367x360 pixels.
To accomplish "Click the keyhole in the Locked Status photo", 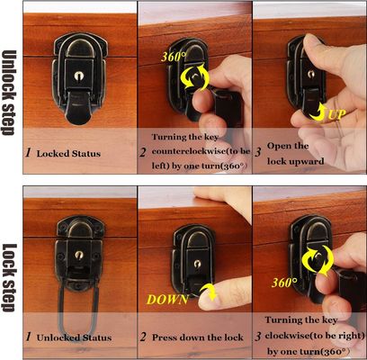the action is (79, 76).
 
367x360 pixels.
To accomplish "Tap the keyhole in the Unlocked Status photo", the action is (79, 256).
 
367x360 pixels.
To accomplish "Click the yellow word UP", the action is (336, 114).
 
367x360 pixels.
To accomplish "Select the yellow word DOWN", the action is (167, 300).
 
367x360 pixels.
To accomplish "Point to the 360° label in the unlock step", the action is (174, 57).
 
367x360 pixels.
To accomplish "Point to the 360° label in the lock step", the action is (284, 283).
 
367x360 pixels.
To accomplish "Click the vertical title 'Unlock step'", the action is (9, 93).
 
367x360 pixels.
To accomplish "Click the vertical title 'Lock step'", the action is (9, 278).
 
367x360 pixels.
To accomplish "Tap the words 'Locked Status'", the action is (68, 154).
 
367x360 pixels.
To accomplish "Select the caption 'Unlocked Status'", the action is (74, 337).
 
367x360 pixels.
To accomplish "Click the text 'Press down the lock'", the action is (198, 337).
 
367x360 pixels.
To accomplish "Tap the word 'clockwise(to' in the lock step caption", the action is (294, 335).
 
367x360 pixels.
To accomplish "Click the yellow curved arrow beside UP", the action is (318, 112).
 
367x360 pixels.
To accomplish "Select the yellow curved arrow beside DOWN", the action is (209, 292).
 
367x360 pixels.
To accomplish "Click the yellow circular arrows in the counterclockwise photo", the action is (195, 76).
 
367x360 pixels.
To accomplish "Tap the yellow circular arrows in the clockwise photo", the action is (319, 260).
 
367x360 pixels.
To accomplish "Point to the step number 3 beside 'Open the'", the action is (258, 152).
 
